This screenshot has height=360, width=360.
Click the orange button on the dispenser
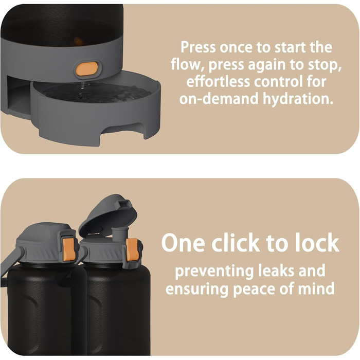[x=87, y=68]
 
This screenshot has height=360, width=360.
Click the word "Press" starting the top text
[x=198, y=47]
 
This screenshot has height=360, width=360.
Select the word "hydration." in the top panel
[x=298, y=99]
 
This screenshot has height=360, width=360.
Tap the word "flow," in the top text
[x=188, y=64]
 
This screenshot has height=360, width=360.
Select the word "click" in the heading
[x=236, y=242]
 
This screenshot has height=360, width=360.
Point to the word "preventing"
[x=214, y=272]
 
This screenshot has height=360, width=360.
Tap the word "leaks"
[x=276, y=271]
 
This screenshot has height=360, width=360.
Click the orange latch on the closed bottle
[x=68, y=249]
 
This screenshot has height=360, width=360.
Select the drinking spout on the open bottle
[x=120, y=234]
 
